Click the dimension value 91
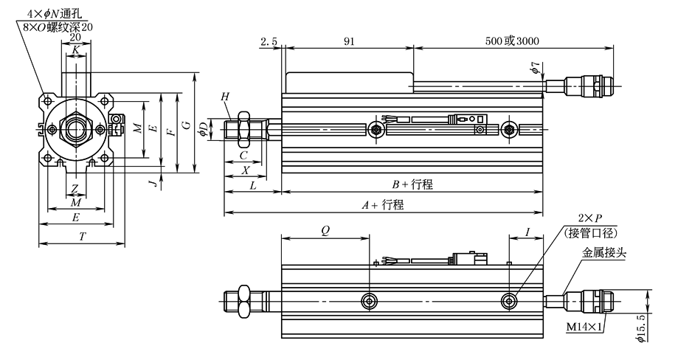tap(347, 42)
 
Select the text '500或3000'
tap(514, 42)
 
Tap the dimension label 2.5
tap(269, 42)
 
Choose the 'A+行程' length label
tap(384, 206)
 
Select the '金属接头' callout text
tap(604, 252)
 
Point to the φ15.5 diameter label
tap(640, 328)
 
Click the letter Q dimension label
tap(325, 231)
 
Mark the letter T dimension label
tap(80, 235)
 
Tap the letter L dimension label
tap(252, 185)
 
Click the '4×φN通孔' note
tap(58, 13)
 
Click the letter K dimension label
tap(77, 49)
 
